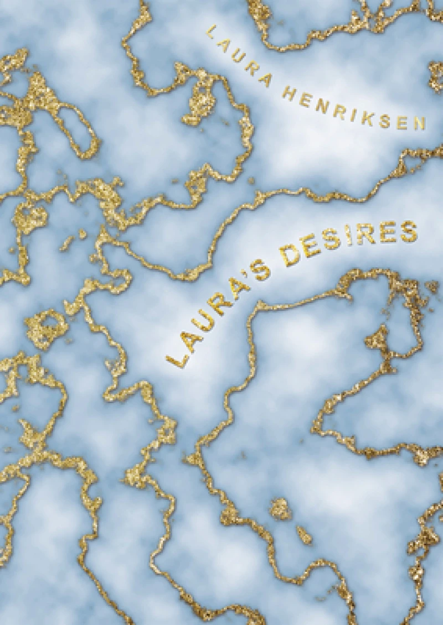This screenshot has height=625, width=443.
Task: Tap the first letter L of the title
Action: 175,360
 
